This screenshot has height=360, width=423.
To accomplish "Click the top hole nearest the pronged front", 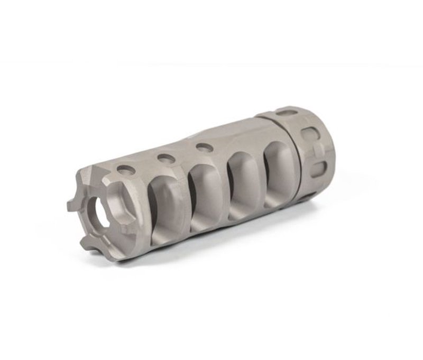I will coord(125,170).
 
